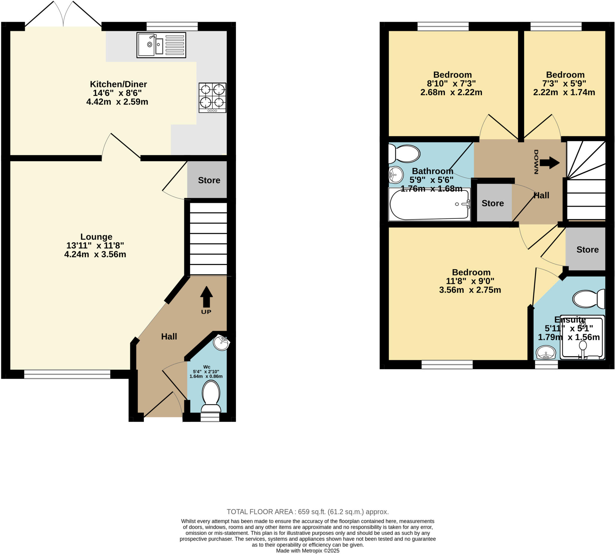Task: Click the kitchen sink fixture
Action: pyautogui.click(x=161, y=45)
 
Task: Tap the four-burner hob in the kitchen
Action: pyautogui.click(x=212, y=97)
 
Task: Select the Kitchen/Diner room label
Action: pyautogui.click(x=118, y=84)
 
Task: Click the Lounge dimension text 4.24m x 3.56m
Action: pyautogui.click(x=95, y=254)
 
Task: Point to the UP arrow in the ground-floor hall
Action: pyautogui.click(x=206, y=297)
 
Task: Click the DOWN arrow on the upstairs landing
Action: pyautogui.click(x=550, y=163)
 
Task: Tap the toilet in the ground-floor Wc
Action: pyautogui.click(x=211, y=396)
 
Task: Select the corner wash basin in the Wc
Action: pyautogui.click(x=221, y=343)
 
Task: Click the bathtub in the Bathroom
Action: pyautogui.click(x=430, y=204)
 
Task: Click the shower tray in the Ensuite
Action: pyautogui.click(x=582, y=337)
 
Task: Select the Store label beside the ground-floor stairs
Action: pyautogui.click(x=209, y=180)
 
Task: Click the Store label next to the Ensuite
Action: pyautogui.click(x=587, y=250)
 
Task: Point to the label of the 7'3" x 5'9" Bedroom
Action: pyautogui.click(x=565, y=75)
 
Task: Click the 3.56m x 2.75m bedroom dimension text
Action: pyautogui.click(x=470, y=290)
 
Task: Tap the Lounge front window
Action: pyautogui.click(x=67, y=374)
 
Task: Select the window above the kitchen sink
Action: pyautogui.click(x=172, y=26)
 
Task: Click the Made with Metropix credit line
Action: pyautogui.click(x=307, y=551)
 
